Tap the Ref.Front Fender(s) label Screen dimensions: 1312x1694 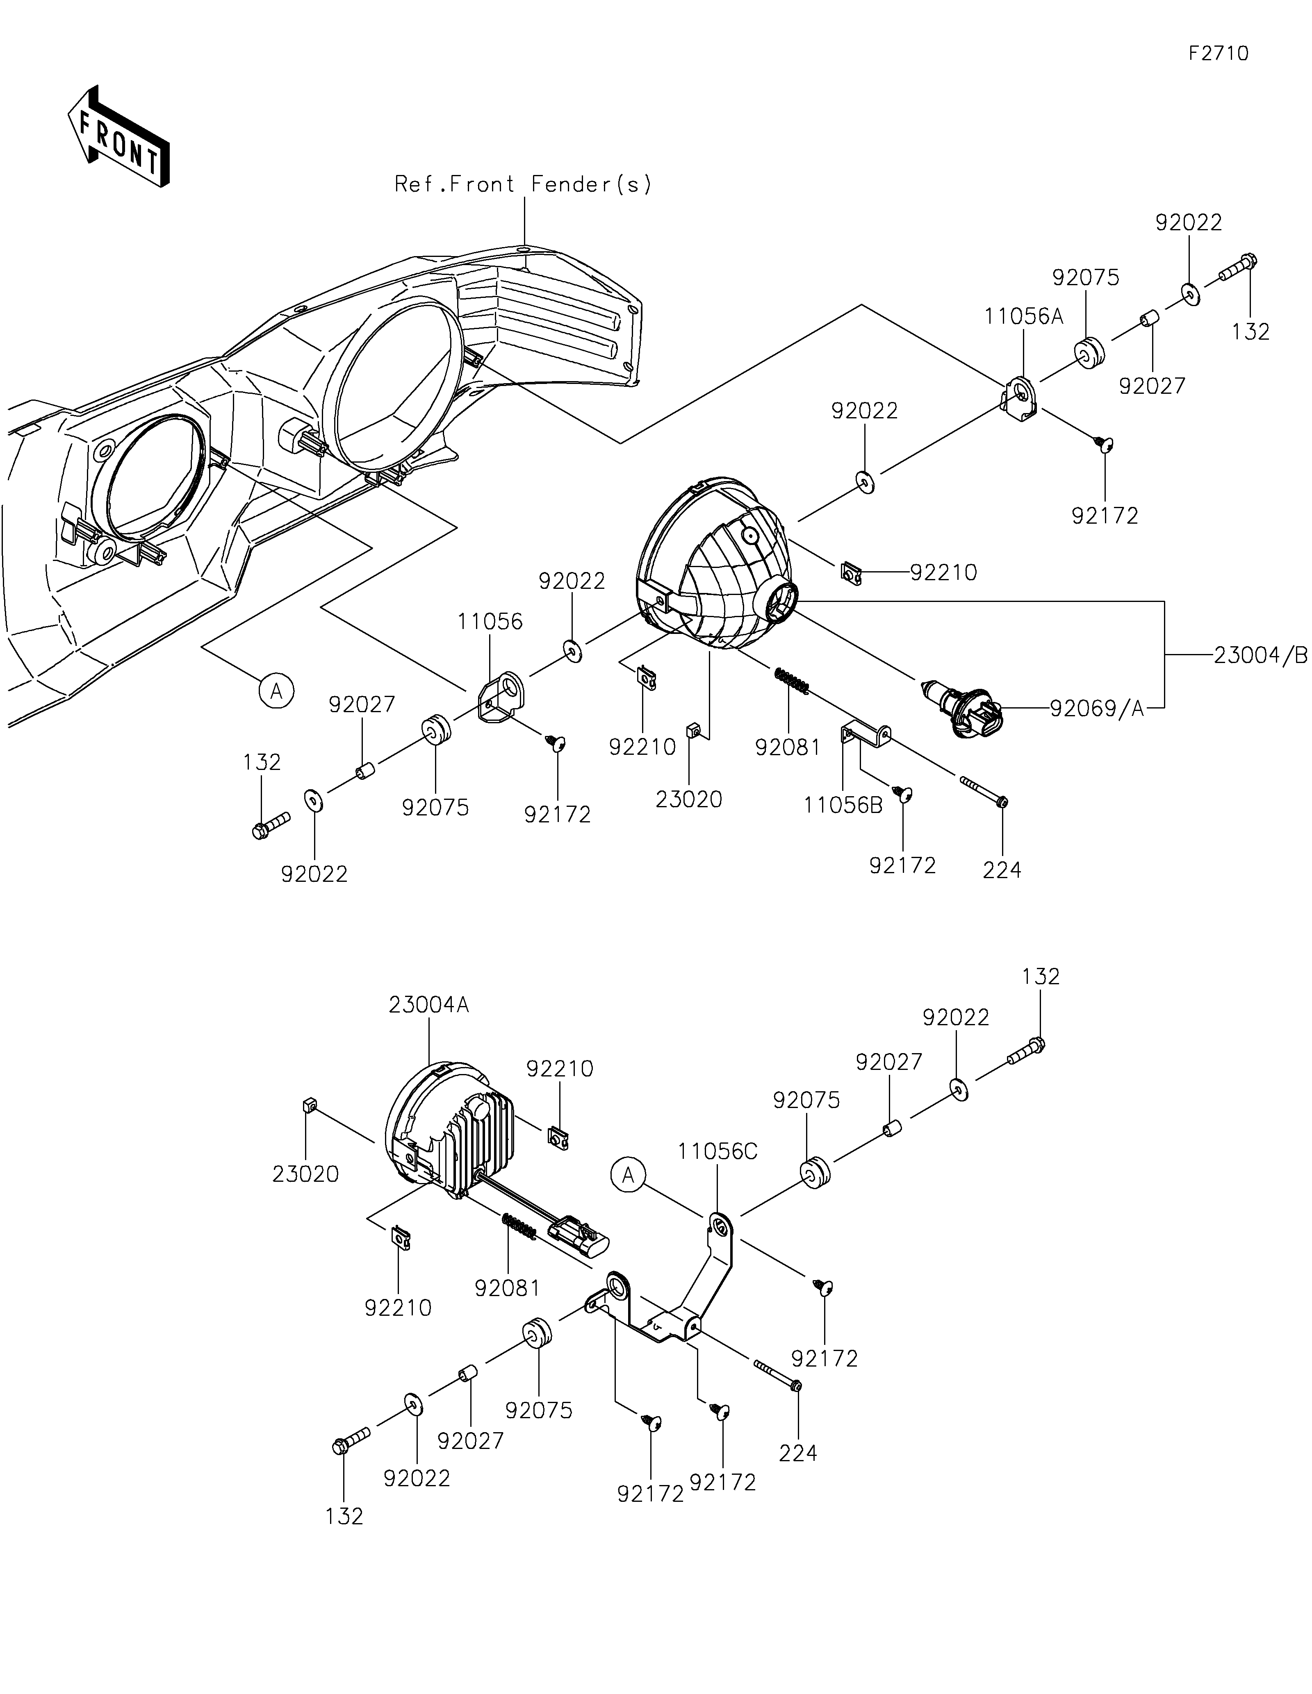[524, 184]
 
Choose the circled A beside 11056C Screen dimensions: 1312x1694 [629, 1176]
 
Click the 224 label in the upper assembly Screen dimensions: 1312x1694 [1002, 870]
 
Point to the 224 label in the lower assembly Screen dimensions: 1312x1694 [798, 1453]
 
